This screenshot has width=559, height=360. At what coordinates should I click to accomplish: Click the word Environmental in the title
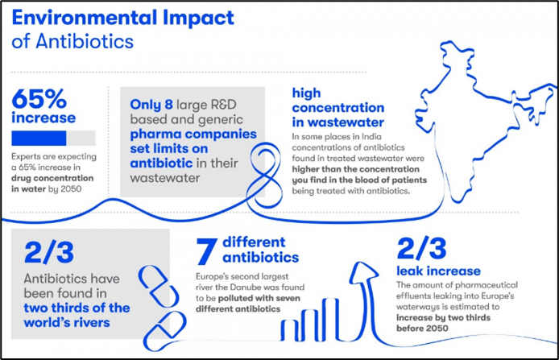tap(85, 19)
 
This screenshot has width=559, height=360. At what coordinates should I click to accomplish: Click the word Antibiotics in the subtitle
tap(85, 42)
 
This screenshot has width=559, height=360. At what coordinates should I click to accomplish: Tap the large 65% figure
tap(39, 99)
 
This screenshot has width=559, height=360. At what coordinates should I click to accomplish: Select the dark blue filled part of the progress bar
tap(39, 139)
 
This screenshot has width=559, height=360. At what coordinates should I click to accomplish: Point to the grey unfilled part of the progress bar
tap(81, 139)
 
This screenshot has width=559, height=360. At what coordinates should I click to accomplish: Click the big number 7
tap(206, 251)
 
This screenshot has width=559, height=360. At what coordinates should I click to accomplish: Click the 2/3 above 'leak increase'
tap(421, 248)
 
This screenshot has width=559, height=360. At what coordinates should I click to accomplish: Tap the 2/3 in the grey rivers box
tap(49, 252)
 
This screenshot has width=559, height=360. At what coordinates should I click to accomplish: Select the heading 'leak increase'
tap(438, 271)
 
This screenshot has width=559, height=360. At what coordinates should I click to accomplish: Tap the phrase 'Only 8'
tap(151, 105)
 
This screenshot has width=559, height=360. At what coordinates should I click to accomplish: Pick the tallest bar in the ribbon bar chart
tap(331, 318)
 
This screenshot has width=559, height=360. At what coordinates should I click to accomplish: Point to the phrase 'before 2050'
tap(422, 328)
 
